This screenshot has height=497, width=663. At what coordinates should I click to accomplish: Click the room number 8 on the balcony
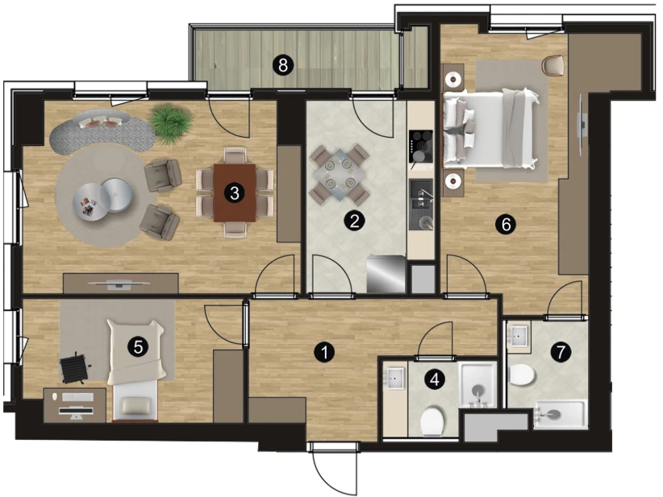click(283, 65)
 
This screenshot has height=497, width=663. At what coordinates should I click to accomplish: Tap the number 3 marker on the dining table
click(234, 193)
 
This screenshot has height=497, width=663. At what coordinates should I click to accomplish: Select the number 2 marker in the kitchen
click(354, 221)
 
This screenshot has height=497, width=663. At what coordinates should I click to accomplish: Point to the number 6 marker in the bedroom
click(506, 224)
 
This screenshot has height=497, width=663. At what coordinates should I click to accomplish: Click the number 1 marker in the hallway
click(325, 352)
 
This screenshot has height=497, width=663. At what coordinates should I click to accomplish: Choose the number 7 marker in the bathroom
click(561, 352)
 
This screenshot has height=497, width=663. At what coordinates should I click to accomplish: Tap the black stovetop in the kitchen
click(421, 146)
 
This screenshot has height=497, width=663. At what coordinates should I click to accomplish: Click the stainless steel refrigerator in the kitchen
click(386, 274)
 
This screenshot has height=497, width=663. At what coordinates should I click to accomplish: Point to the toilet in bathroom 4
click(432, 421)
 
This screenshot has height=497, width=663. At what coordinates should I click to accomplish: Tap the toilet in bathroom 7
click(523, 375)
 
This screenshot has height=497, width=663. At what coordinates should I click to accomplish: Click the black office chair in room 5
click(74, 367)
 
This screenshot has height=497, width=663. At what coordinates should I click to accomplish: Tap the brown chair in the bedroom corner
click(553, 65)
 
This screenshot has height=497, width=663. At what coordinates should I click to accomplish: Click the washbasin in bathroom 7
click(519, 336)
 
